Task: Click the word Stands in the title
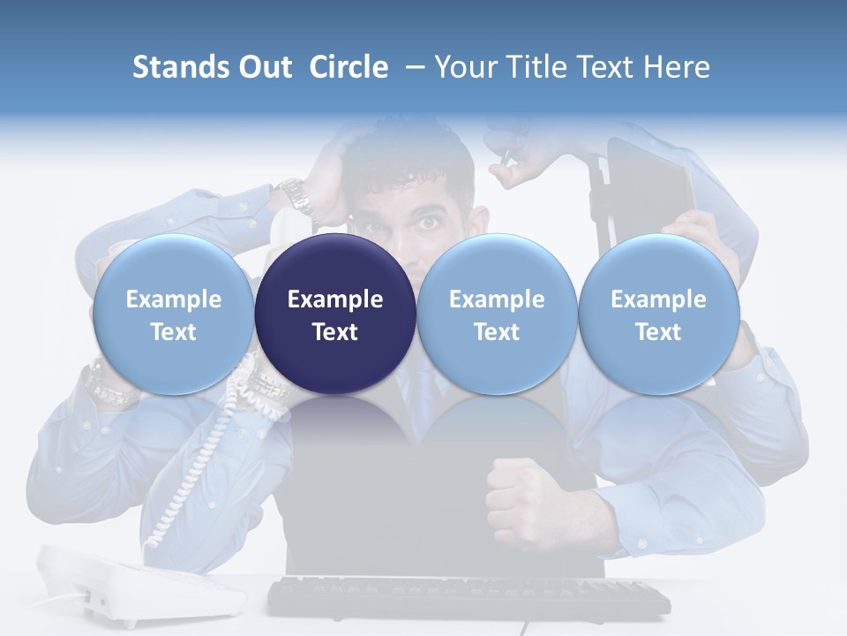[x=179, y=67]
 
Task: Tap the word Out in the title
[x=262, y=67]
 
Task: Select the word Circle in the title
[x=349, y=67]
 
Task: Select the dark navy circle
[x=335, y=314]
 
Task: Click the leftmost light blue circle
[x=173, y=314]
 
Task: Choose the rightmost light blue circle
[x=658, y=314]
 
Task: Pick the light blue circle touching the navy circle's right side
[x=497, y=314]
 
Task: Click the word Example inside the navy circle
[x=335, y=299]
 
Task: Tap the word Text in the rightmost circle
[x=658, y=332]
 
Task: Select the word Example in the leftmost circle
[x=173, y=299]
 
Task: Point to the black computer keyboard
[x=468, y=596]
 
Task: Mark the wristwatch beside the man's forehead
[x=296, y=196]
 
